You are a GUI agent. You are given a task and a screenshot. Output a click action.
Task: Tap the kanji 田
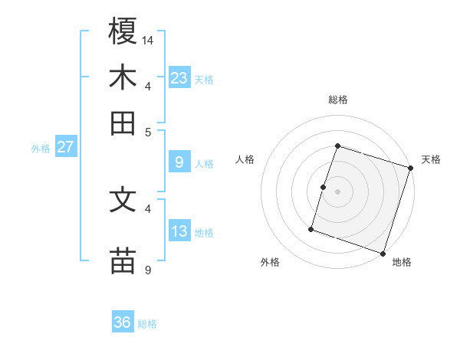click(x=123, y=123)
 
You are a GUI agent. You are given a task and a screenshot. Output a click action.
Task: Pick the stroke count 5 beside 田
click(x=149, y=131)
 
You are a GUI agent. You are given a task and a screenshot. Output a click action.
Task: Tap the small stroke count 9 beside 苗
click(x=149, y=270)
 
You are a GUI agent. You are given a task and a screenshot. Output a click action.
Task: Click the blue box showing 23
click(x=179, y=77)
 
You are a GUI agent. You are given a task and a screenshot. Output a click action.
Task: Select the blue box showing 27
click(x=65, y=147)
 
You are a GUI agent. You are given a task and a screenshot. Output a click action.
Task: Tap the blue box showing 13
click(x=179, y=231)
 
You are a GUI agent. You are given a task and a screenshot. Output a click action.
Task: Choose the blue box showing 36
click(x=123, y=322)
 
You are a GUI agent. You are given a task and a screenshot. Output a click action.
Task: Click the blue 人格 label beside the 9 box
click(x=204, y=163)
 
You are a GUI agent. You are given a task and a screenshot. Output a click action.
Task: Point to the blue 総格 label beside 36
click(x=148, y=324)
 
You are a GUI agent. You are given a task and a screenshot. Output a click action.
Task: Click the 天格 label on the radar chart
click(x=431, y=159)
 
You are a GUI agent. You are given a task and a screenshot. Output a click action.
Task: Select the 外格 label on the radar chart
click(x=270, y=262)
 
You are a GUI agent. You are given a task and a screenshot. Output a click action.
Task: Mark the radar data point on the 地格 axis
click(x=383, y=253)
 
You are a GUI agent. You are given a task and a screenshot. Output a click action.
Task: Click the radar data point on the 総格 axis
click(x=337, y=146)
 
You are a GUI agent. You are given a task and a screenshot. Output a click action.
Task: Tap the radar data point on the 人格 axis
click(x=323, y=187)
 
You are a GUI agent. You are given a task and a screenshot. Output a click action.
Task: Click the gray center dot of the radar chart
click(x=337, y=191)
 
